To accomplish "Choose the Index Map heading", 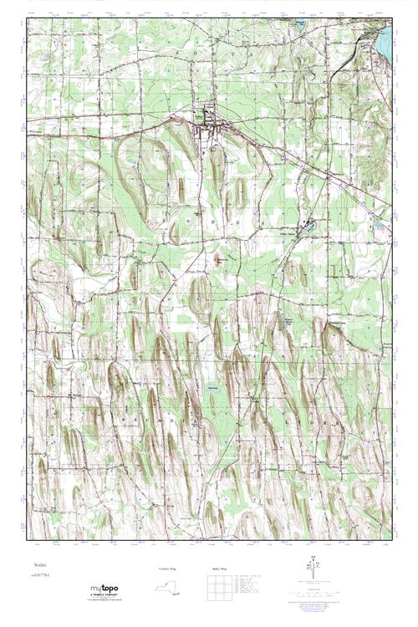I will pos(217,568).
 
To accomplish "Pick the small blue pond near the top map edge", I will pos(298,24).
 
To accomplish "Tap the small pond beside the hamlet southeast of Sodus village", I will pos(308,224).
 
